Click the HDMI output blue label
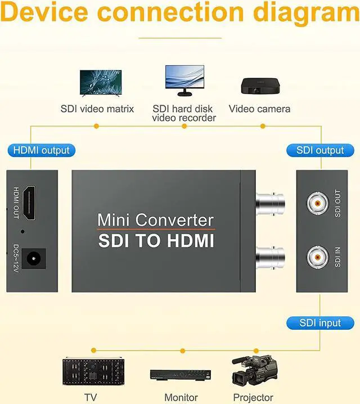(x=40, y=150)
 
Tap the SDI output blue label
(x=320, y=150)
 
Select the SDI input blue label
(x=320, y=323)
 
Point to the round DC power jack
(x=36, y=259)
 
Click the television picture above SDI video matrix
(x=101, y=82)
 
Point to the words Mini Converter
(x=155, y=219)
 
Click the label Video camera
(x=259, y=109)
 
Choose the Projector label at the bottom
(x=253, y=397)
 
